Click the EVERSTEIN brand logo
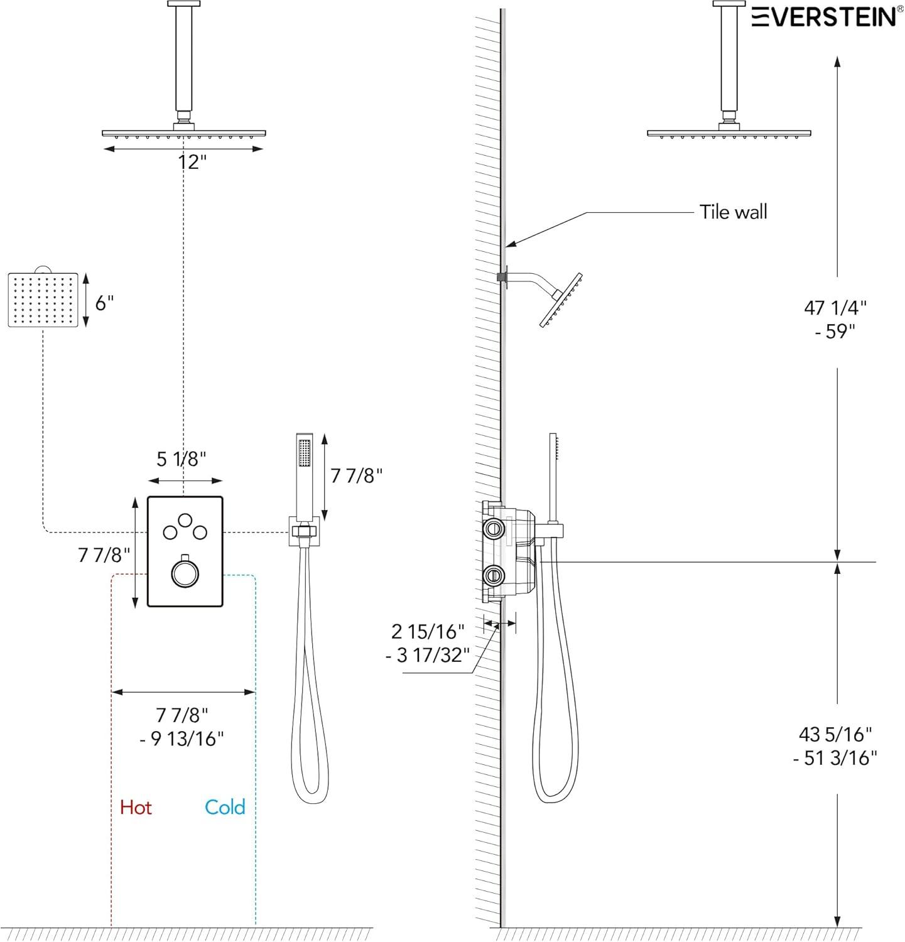(x=825, y=16)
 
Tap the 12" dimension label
(x=192, y=162)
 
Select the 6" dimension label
(x=104, y=303)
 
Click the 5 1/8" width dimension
(x=181, y=459)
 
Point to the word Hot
(x=136, y=807)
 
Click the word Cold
(x=225, y=807)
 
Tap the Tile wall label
(x=733, y=212)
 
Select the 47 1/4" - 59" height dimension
(x=835, y=319)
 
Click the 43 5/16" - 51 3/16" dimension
(x=835, y=745)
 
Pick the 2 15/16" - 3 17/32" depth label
(x=428, y=643)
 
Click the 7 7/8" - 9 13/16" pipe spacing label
(x=182, y=727)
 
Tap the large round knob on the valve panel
(x=185, y=573)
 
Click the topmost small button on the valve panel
(x=185, y=521)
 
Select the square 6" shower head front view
(x=43, y=300)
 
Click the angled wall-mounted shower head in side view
(x=561, y=300)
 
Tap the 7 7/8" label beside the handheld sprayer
(x=356, y=475)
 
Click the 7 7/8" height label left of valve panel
(x=104, y=555)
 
